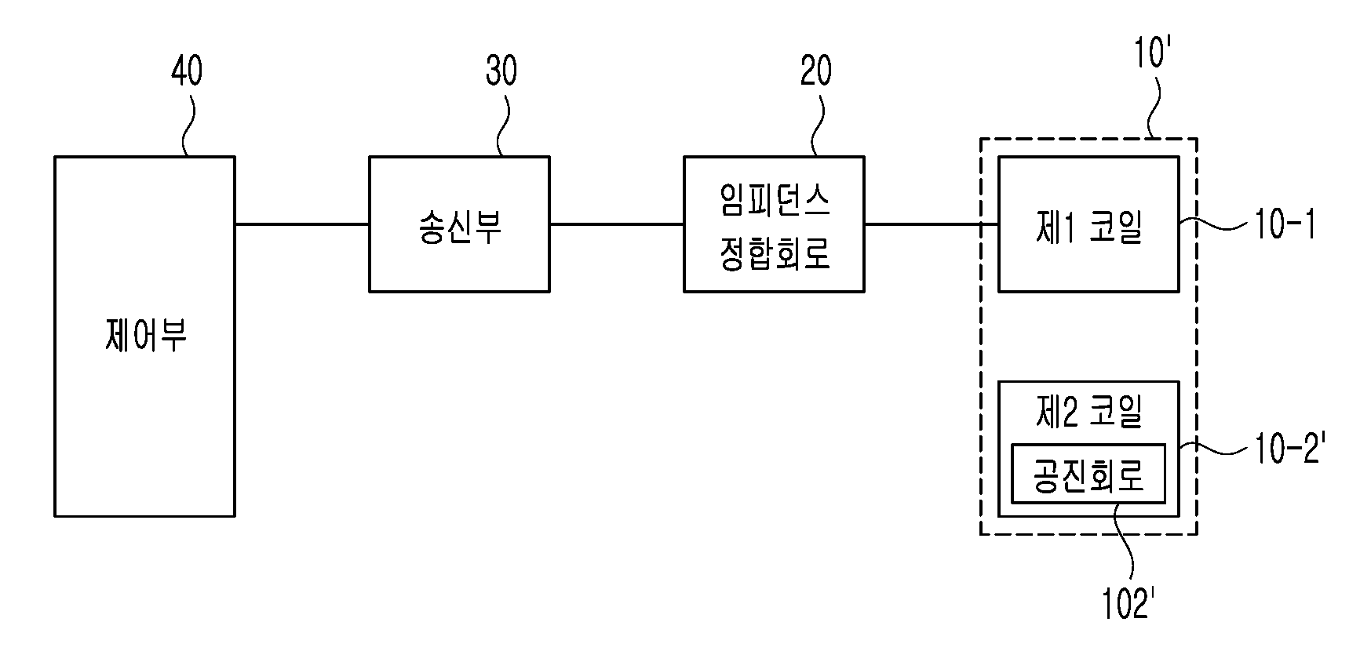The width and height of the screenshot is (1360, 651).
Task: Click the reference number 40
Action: coord(187,71)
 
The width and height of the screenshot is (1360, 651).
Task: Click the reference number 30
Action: coord(501,71)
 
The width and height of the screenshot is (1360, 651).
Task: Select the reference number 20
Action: coord(816,71)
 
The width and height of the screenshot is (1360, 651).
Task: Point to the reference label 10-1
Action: coord(1285,225)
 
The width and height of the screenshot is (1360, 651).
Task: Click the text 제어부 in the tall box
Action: coord(145,336)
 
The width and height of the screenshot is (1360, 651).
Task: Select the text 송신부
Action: coord(460,225)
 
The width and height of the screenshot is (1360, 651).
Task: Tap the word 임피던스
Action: coord(775,202)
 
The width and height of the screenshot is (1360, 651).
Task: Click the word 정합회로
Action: coord(775,253)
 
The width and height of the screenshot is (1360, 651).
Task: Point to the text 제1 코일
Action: coord(1088,227)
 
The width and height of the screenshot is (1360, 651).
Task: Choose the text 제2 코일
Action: coord(1088,412)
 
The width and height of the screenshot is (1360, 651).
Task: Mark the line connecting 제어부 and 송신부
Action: coord(302,224)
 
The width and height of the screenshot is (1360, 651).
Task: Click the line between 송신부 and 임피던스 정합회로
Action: coord(617,224)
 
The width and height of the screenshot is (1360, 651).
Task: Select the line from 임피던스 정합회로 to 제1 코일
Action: coord(932,224)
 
